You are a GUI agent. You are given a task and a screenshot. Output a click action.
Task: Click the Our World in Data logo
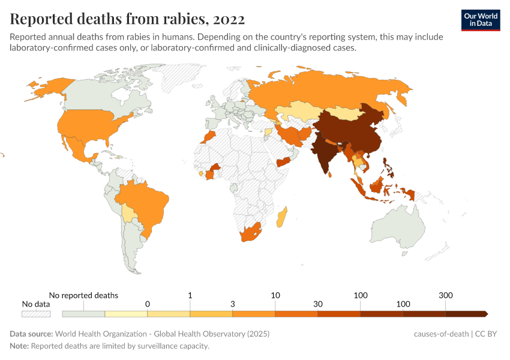coord(480,20)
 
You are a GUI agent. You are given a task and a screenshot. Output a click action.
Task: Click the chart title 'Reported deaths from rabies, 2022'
coord(127,19)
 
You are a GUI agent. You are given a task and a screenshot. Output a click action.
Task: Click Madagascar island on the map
coord(281,217)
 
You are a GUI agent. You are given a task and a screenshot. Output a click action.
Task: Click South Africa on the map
coord(250,234)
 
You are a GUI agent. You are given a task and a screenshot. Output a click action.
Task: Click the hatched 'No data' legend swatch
coord(36,313)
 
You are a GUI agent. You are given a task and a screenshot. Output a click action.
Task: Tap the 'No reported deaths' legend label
coord(83,295)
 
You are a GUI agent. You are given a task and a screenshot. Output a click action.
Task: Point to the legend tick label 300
coord(446,295)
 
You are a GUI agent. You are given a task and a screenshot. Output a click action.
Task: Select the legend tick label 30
coord(318,304)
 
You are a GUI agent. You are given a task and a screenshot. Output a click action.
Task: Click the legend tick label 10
coord(275,295)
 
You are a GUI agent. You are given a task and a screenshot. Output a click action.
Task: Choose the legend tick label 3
coord(233,304)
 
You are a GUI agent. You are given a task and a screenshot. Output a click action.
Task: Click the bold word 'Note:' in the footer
coord(19,346)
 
